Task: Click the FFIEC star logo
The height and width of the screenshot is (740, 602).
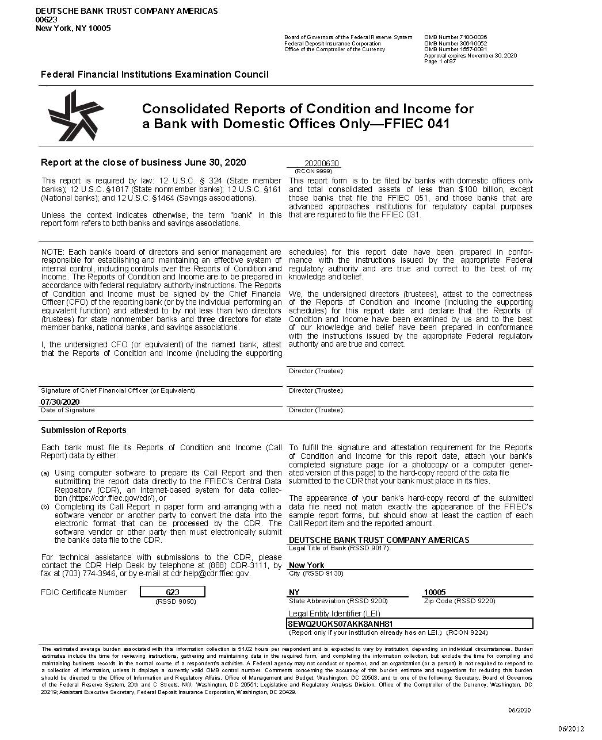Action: point(75,116)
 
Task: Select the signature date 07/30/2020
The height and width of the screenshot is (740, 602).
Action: point(60,402)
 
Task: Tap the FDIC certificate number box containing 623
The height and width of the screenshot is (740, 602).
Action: point(173,592)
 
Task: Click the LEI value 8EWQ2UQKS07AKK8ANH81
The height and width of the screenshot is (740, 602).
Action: point(340,624)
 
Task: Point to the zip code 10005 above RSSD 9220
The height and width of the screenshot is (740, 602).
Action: point(435,592)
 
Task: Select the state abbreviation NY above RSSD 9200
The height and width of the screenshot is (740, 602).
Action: point(294,592)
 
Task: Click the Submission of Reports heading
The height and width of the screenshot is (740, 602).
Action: point(83,430)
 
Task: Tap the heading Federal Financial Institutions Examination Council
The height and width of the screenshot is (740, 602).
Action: point(154,74)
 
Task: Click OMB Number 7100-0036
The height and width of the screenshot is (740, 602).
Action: point(455,37)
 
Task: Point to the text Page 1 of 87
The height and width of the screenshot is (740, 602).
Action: point(440,62)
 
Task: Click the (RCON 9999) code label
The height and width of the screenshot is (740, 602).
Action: point(313,171)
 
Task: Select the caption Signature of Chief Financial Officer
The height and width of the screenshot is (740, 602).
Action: point(117,390)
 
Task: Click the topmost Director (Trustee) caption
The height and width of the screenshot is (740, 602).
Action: point(315,371)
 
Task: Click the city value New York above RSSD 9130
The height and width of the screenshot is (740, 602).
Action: point(306,565)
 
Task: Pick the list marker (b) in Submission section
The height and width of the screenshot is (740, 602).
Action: point(45,507)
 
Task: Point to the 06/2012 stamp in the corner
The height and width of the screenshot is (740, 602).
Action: point(571,729)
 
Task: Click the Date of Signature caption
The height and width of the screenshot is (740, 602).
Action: point(67,410)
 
